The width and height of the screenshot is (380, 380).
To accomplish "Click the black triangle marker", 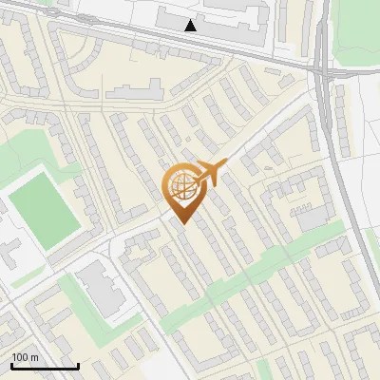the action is (192, 26).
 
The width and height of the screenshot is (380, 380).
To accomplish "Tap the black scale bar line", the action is (45, 367).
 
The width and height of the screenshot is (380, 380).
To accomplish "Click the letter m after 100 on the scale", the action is (33, 357).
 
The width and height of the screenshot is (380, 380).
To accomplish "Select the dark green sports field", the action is (44, 207).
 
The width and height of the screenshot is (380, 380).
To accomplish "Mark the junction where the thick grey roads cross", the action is (324, 71).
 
